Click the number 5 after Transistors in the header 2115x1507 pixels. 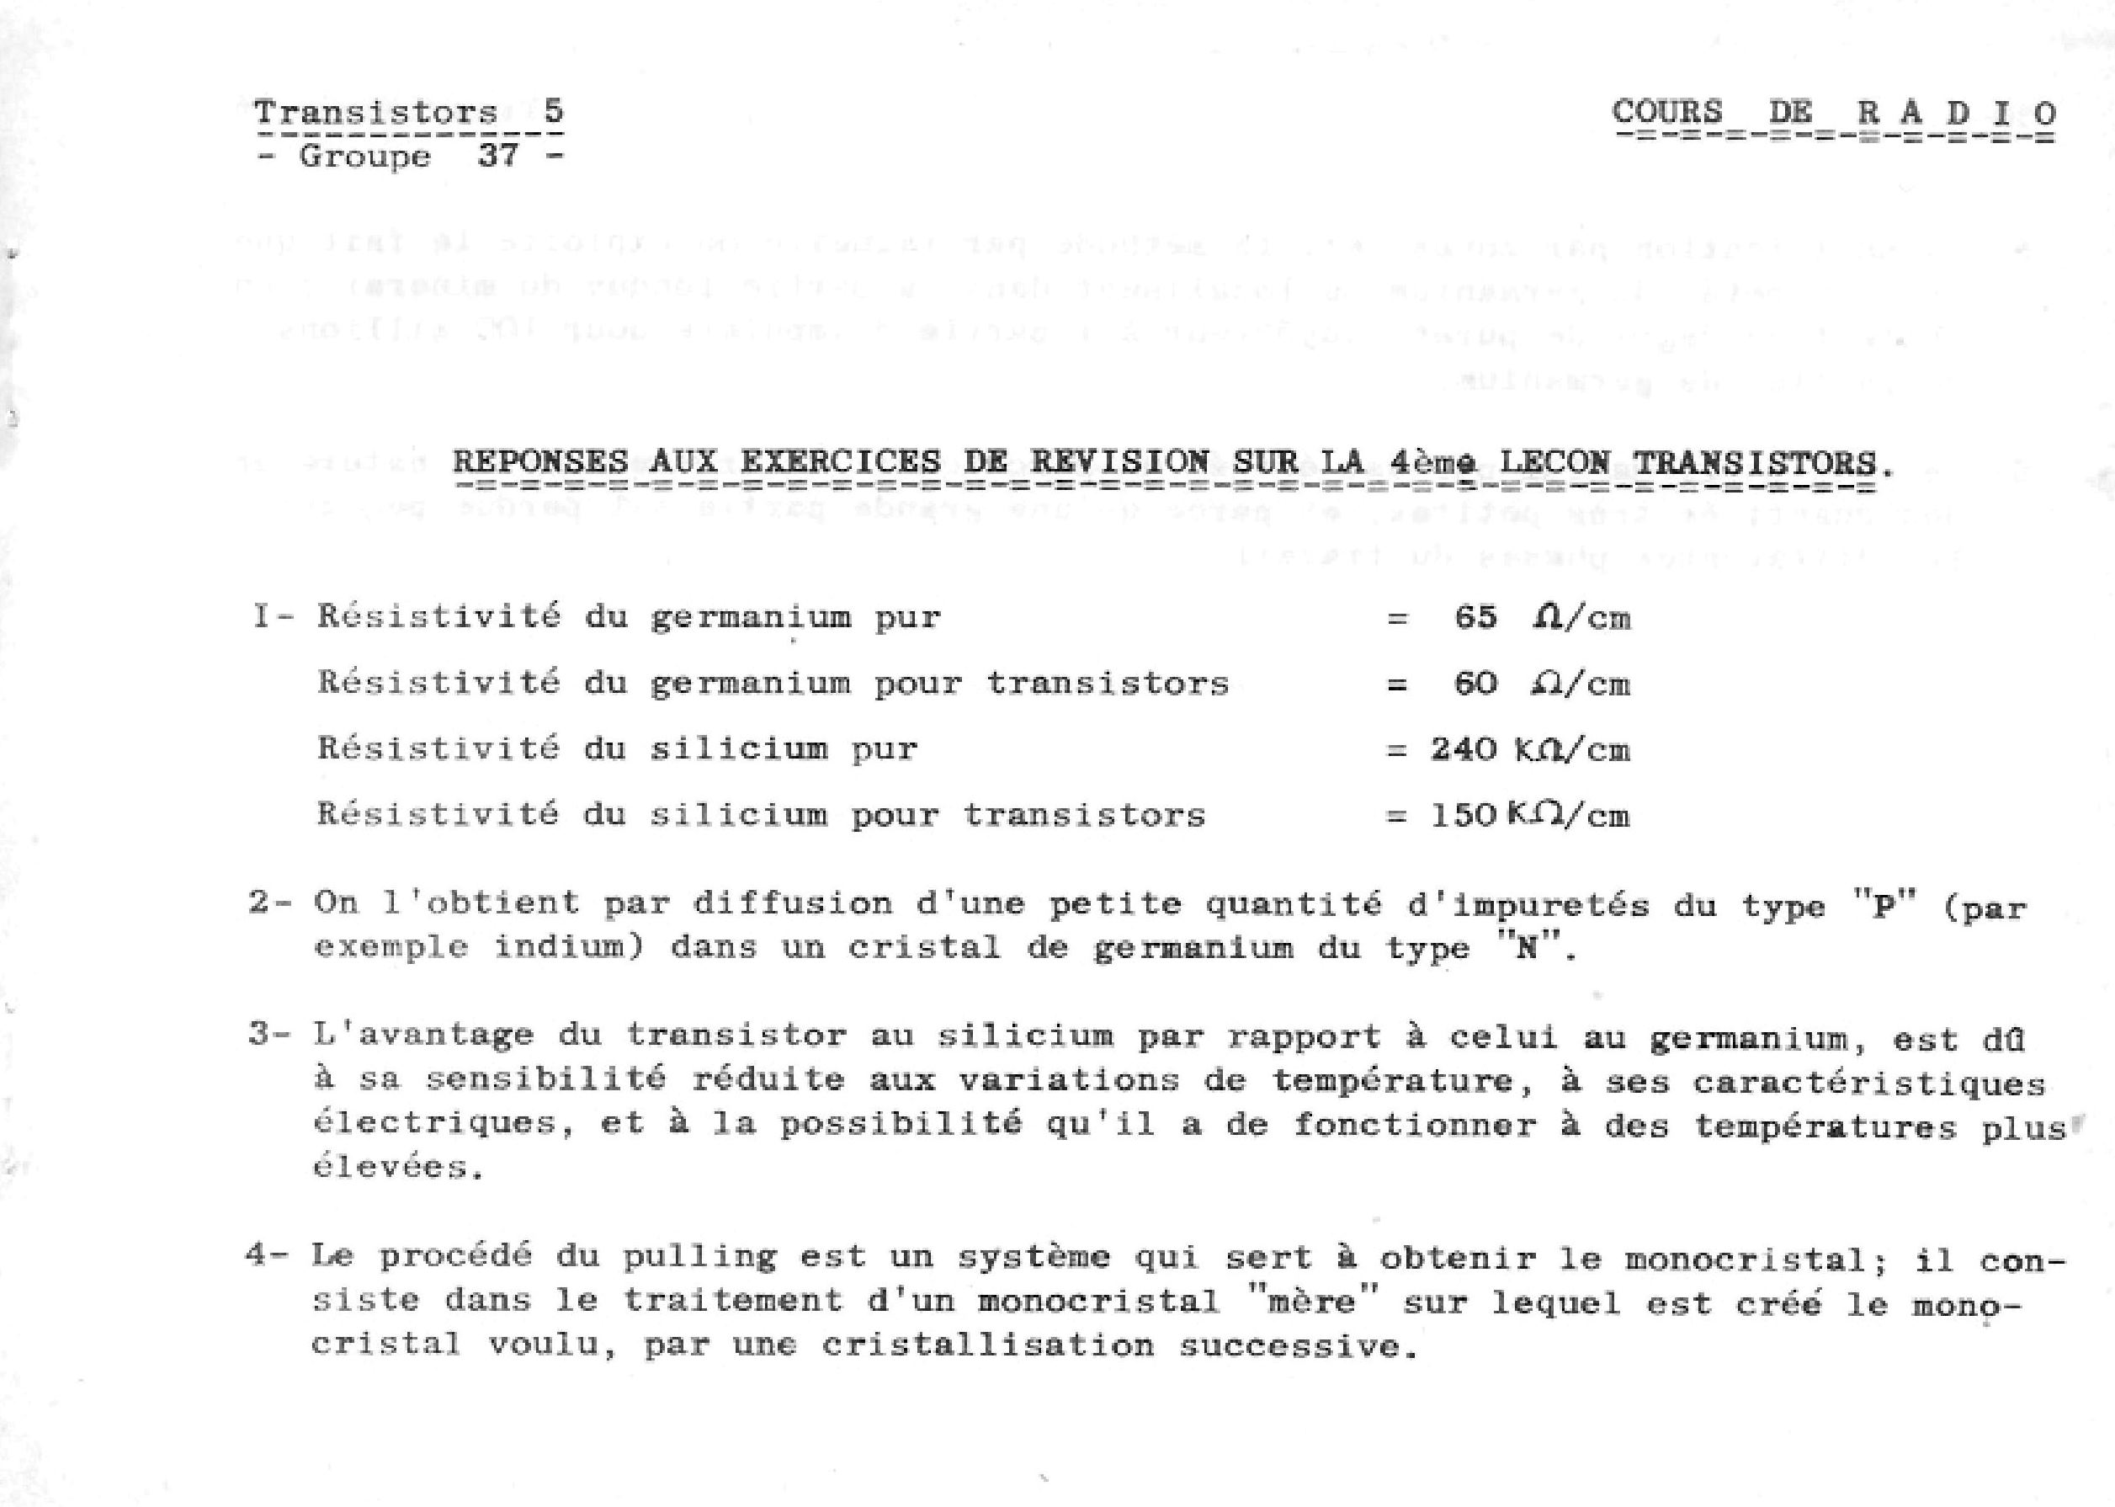553,111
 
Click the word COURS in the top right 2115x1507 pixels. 1666,111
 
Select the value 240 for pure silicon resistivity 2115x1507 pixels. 1463,748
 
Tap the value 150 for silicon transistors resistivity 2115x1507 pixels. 1463,815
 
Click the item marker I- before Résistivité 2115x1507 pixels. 272,616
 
